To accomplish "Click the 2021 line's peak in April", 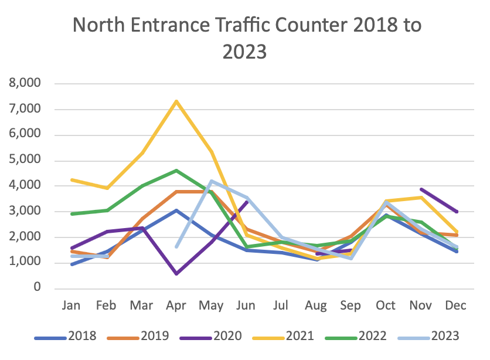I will coord(176,101).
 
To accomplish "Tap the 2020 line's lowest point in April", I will coord(176,274).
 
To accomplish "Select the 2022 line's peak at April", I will coord(176,171).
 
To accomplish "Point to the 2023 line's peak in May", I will coord(210,181).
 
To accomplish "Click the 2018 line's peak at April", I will coord(176,210).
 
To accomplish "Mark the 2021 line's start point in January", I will coord(72,179).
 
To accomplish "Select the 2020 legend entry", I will coord(227,337).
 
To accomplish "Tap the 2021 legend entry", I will coord(299,337).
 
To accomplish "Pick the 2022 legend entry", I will coord(372,337).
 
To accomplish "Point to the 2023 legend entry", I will coord(444,337).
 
